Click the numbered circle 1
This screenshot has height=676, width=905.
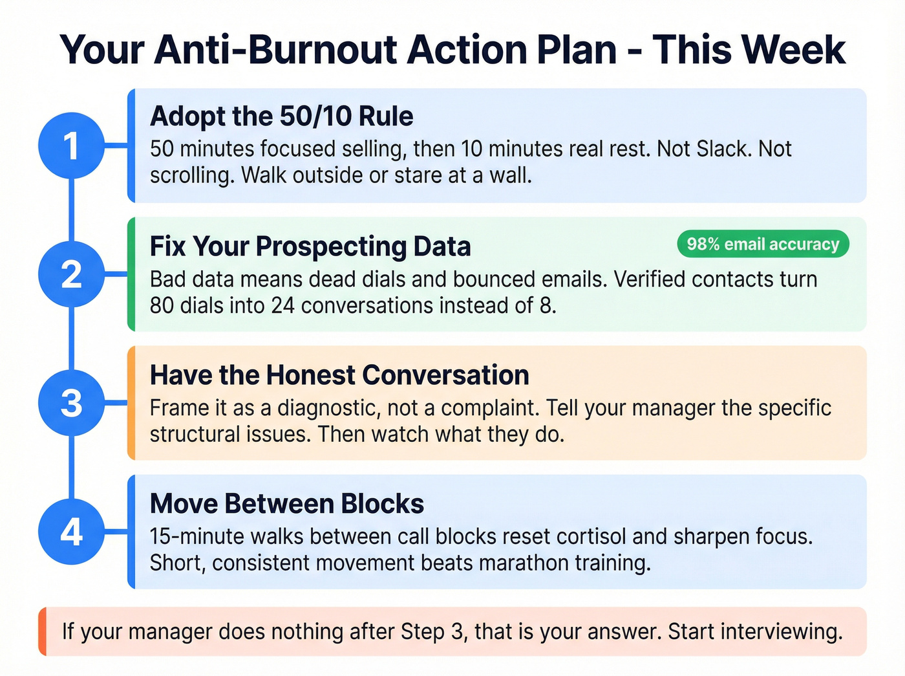pyautogui.click(x=71, y=146)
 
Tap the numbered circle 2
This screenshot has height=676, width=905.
pyautogui.click(x=71, y=274)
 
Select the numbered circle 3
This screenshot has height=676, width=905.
pyautogui.click(x=71, y=403)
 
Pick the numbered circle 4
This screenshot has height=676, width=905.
pyautogui.click(x=71, y=532)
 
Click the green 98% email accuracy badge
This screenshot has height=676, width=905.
pyautogui.click(x=763, y=244)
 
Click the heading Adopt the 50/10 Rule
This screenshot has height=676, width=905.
pyautogui.click(x=281, y=116)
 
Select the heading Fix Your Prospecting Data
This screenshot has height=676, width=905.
pyautogui.click(x=310, y=246)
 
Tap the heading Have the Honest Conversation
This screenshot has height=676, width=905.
pyautogui.click(x=339, y=375)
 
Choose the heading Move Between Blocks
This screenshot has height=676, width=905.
pyautogui.click(x=286, y=504)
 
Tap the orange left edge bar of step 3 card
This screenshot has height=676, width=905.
pyautogui.click(x=131, y=403)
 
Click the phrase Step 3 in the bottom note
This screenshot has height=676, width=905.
pyautogui.click(x=432, y=631)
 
